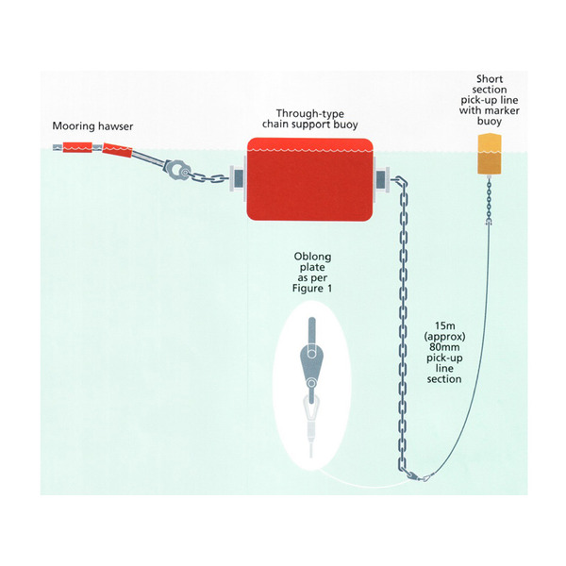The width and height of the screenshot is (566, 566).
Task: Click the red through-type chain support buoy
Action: (x=308, y=177)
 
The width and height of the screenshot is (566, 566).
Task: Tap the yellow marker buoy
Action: (x=488, y=154)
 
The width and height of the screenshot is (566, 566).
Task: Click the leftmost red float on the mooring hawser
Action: (x=78, y=147)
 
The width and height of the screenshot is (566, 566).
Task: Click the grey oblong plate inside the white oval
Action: (x=308, y=358)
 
